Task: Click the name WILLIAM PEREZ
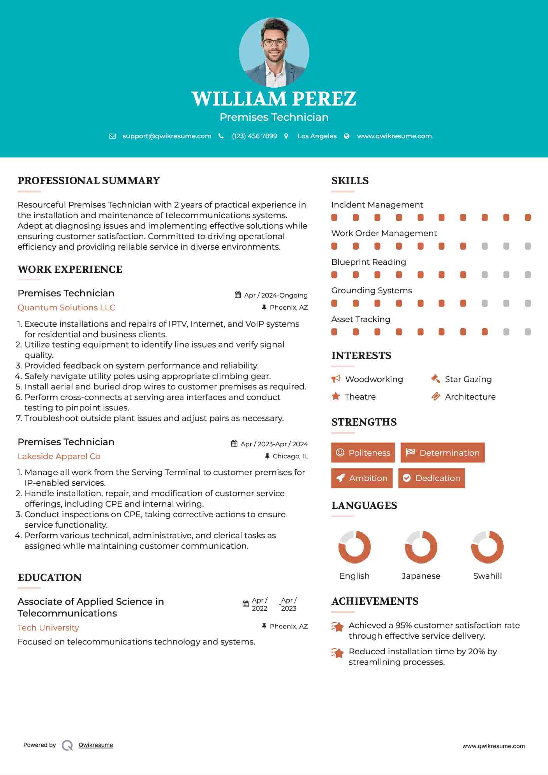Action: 274,99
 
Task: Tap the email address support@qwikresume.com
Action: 167,136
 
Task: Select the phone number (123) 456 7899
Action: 254,136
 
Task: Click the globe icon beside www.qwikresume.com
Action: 347,136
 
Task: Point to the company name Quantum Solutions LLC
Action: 66,308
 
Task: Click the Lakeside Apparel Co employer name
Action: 59,456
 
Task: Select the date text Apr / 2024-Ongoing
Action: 276,295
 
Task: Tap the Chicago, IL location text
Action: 290,456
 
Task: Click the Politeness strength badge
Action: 363,453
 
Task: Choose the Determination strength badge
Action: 442,453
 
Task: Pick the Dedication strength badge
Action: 431,478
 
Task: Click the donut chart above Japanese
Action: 421,547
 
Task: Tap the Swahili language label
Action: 487,576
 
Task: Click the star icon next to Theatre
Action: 336,396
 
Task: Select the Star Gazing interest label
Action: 468,379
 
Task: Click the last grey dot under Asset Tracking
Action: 528,332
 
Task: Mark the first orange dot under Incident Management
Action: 334,217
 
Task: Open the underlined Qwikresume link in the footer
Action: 96,745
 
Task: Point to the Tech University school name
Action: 48,628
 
